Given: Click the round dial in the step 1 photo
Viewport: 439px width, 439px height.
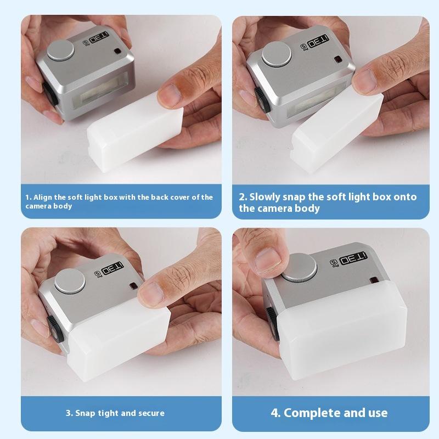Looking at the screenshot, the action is [x=61, y=50].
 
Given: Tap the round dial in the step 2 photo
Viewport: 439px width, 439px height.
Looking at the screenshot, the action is [x=277, y=54].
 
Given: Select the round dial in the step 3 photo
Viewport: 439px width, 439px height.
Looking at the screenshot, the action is [x=70, y=282].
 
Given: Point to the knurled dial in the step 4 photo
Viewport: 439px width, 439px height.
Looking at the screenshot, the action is [x=300, y=267].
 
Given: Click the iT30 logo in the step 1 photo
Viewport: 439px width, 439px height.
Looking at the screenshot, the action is [x=99, y=37].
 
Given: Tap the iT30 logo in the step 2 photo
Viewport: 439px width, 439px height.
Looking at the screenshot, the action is [x=318, y=41].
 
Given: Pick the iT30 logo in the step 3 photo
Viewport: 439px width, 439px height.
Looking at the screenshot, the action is [x=112, y=268].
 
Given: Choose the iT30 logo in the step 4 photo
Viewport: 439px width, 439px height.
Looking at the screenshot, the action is [x=353, y=258].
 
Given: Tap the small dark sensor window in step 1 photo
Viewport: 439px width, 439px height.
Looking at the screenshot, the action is [x=117, y=52].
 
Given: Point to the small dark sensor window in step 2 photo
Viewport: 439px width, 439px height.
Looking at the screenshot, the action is [x=338, y=60].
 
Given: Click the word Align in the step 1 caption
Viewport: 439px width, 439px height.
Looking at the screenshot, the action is [x=43, y=197].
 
